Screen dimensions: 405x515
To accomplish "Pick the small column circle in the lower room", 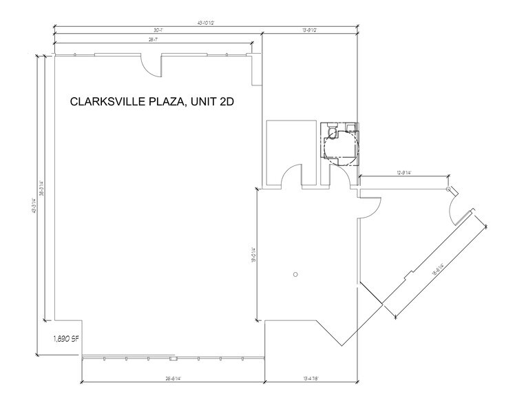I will click(x=295, y=274).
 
